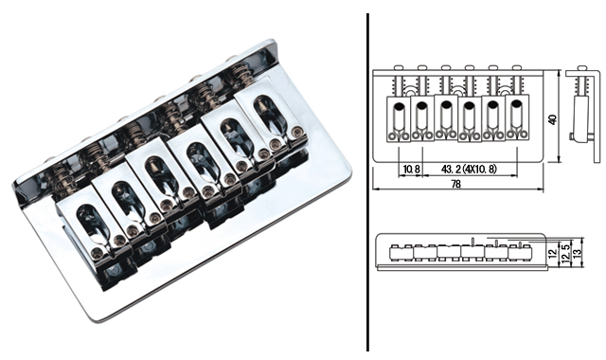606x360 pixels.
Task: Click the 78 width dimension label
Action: tap(456, 184)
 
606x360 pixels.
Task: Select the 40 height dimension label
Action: tap(553, 119)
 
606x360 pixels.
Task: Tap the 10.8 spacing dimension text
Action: tap(411, 169)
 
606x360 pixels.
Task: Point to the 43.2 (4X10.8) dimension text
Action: tap(469, 169)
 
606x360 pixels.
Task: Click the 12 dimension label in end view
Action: tap(553, 254)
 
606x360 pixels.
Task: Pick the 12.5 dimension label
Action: tap(565, 254)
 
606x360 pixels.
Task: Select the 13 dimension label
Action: tap(577, 254)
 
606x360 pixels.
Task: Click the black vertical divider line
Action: tap(367, 183)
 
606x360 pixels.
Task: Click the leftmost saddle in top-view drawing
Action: tap(399, 119)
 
